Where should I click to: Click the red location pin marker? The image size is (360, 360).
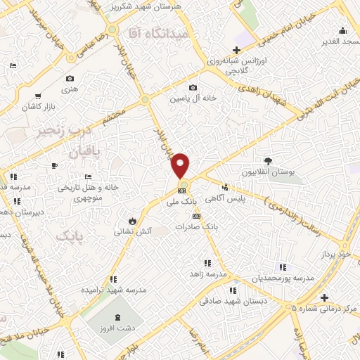181,165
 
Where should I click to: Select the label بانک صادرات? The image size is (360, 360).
196,227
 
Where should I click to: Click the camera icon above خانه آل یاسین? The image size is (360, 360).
193,88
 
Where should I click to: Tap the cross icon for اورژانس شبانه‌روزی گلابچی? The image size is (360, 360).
237,50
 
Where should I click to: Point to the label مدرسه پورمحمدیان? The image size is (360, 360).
283,279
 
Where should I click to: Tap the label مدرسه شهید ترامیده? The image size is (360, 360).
113,289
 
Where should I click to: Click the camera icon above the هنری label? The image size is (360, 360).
70,79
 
